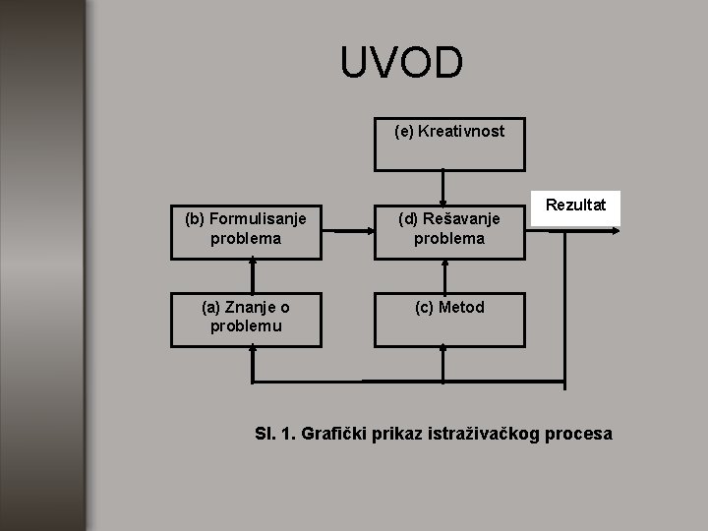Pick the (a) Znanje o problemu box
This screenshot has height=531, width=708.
pyautogui.click(x=246, y=318)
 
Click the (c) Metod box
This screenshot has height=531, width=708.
pyautogui.click(x=449, y=318)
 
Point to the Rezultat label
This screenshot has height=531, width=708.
pyautogui.click(x=576, y=206)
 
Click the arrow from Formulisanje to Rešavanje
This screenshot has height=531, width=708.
pyautogui.click(x=347, y=232)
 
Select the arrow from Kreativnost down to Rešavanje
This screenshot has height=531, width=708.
pyautogui.click(x=443, y=186)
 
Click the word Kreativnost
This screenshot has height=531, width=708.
pyautogui.click(x=462, y=130)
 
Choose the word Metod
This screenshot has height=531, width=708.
pyautogui.click(x=461, y=308)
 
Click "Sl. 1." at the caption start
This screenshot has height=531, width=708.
pyautogui.click(x=273, y=434)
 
